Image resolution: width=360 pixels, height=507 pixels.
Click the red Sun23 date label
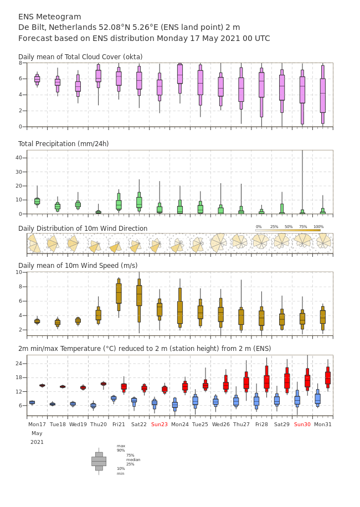pos(160,424)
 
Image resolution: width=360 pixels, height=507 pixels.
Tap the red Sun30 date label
pos(302,424)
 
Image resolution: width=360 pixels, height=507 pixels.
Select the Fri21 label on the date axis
pos(119,424)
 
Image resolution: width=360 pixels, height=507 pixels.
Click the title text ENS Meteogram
pos(49,17)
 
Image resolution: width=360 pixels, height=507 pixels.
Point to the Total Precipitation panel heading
pos(63,143)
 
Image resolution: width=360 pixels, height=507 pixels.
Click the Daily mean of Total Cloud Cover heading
pos(80,57)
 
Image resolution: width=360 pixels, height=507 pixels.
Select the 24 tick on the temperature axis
pos(19,364)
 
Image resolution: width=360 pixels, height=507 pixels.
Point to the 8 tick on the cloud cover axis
pos(20,63)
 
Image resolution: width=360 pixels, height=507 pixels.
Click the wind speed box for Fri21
pos(119,293)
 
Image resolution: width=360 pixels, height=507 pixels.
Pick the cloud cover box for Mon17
pos(37,79)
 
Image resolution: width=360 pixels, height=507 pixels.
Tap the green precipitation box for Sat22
pos(139,202)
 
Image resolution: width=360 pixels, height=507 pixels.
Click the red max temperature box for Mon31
pos(328,377)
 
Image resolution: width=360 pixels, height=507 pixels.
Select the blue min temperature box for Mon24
pos(175,405)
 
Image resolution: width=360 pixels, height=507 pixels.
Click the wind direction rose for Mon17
pos(34,244)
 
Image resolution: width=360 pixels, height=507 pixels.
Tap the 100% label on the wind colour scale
pos(318,227)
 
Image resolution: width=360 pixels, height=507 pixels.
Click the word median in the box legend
pos(133,459)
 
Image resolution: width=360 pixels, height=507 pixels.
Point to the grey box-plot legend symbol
pos(99,462)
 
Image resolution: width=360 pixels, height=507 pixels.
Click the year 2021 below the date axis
pos(37,442)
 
